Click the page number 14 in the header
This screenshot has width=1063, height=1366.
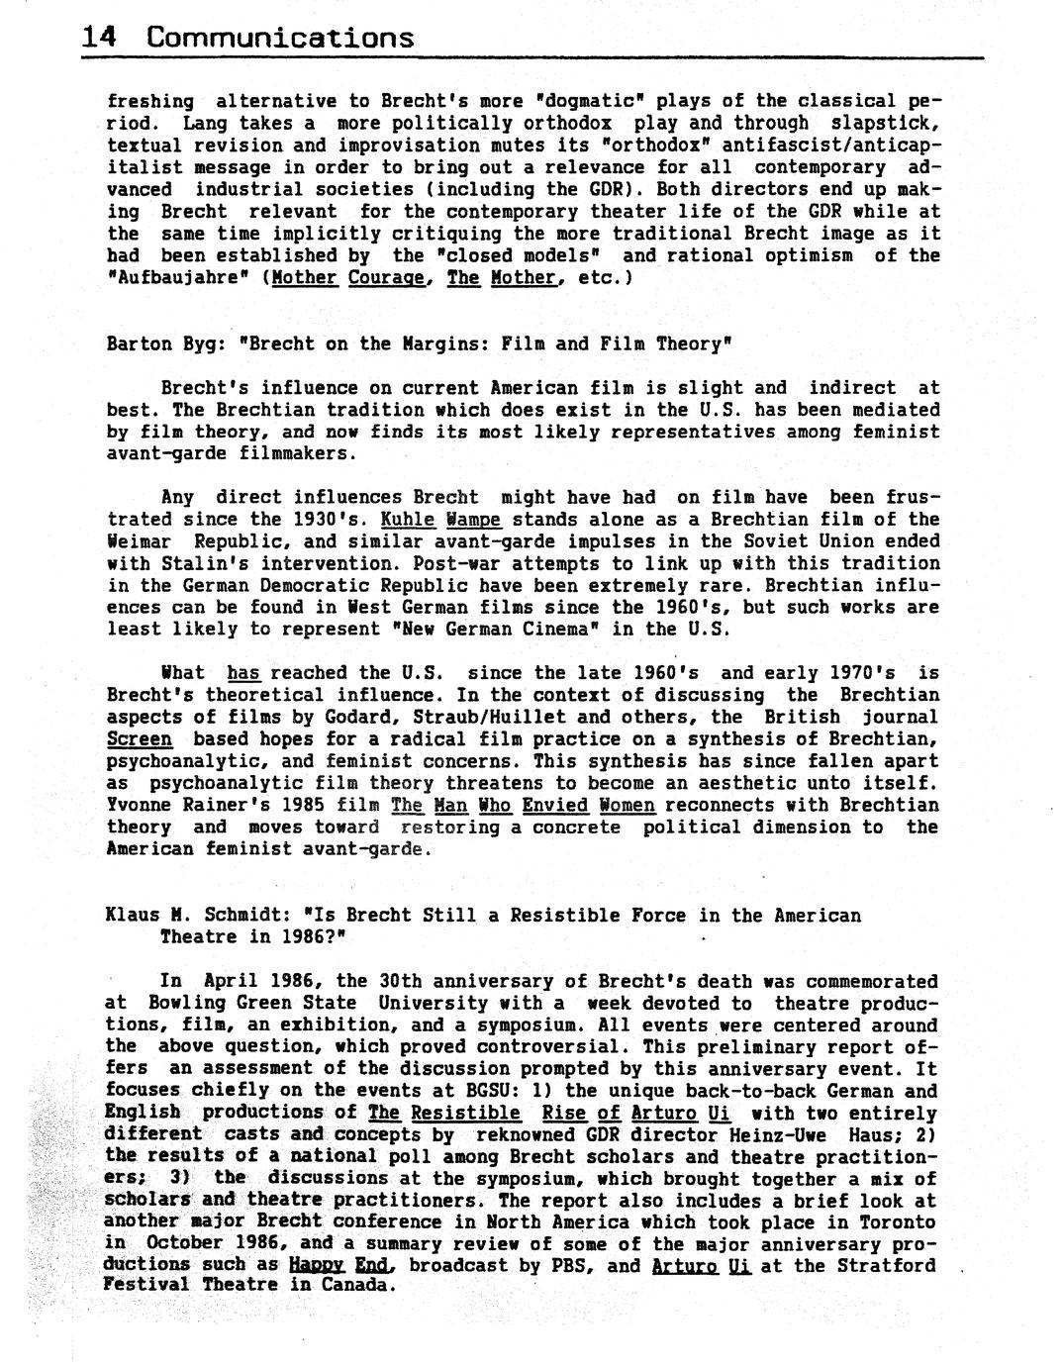tap(99, 38)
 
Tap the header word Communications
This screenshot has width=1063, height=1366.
tap(280, 38)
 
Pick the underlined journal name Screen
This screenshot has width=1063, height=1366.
tap(139, 739)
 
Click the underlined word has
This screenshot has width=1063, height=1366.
tap(243, 673)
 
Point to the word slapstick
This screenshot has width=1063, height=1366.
tap(882, 124)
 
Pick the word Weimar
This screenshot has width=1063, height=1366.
tap(139, 541)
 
